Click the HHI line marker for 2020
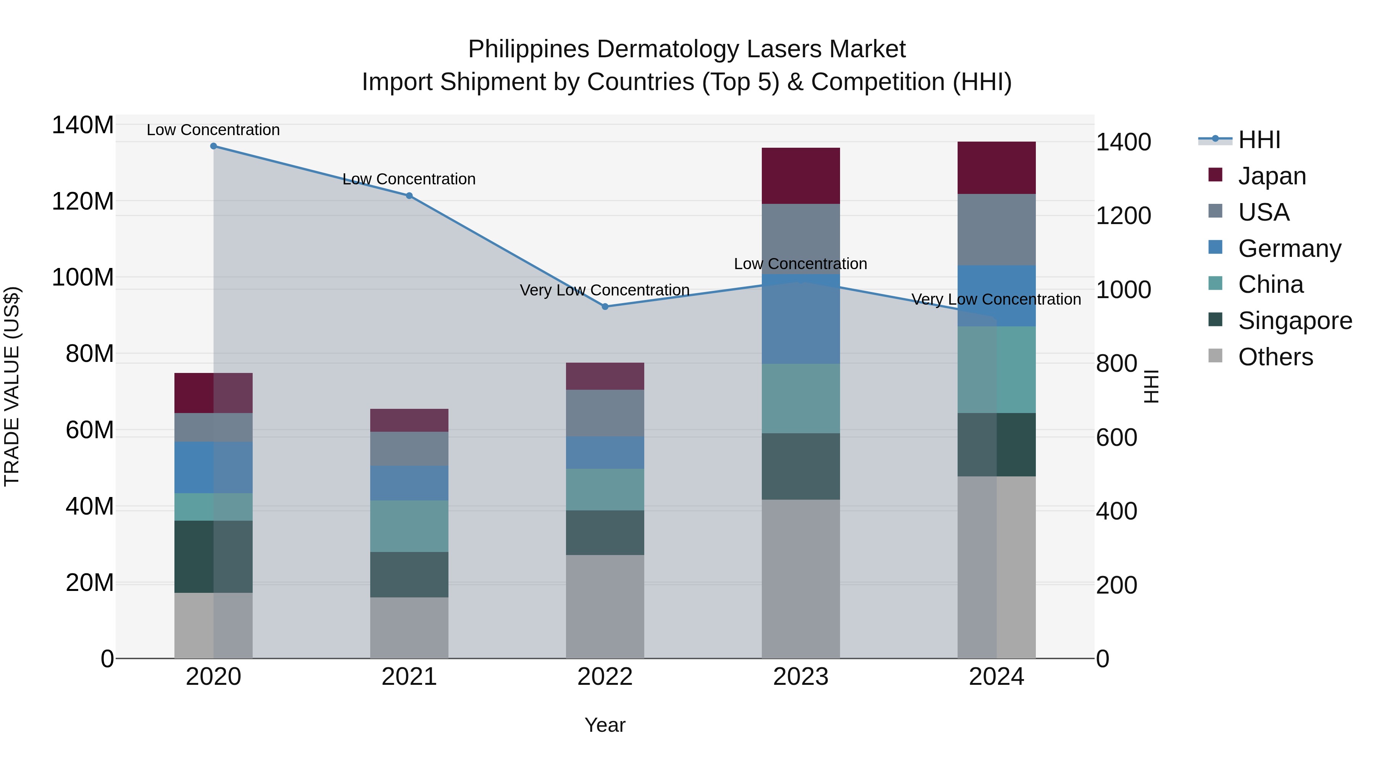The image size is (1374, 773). coord(213,146)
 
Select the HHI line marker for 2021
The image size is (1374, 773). coord(409,196)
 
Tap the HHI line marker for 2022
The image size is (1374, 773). coord(605,307)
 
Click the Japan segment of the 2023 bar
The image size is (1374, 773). coord(801,176)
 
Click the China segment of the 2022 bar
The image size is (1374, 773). coord(605,489)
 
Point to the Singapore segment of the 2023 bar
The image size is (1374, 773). coord(801,466)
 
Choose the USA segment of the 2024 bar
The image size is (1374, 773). coord(997,229)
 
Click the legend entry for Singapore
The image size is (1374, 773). coord(1295,321)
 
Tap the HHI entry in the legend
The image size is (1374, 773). coord(1259,140)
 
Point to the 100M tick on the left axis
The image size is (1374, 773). coord(83,278)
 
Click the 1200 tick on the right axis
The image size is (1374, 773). coord(1123,216)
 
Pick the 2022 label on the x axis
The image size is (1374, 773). coord(605,677)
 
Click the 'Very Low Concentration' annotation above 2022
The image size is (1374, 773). coord(605,290)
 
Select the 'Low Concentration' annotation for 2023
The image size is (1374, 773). coord(801,264)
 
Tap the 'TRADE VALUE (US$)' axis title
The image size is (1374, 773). coord(12,386)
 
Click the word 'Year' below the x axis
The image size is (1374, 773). coord(605,725)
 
